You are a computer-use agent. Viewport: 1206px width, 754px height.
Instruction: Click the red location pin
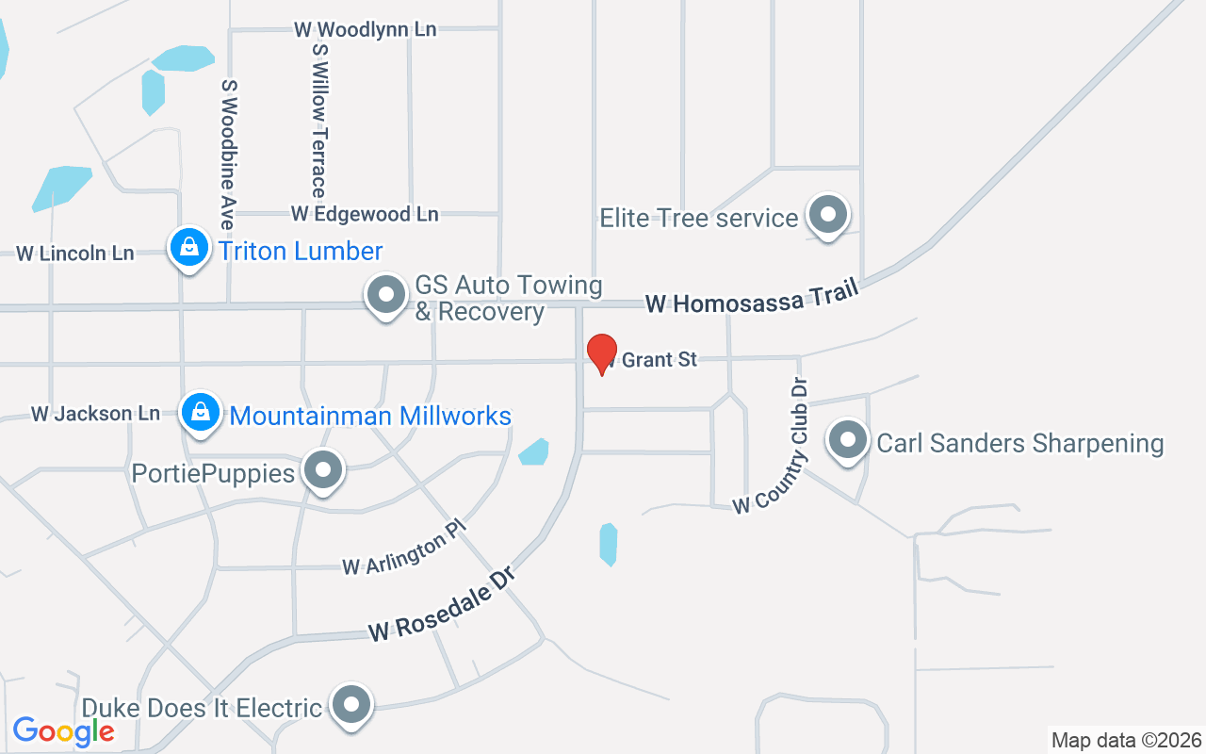(602, 353)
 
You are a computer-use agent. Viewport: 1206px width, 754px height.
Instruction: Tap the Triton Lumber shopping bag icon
(189, 248)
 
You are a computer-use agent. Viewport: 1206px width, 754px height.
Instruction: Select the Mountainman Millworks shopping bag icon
(201, 412)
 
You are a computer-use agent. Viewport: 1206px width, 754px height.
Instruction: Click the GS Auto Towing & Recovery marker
(385, 295)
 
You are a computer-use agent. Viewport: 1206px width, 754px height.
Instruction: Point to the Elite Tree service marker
(828, 215)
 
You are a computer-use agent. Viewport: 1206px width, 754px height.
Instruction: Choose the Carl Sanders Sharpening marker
(847, 440)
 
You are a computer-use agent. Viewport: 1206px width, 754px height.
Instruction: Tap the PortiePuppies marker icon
(324, 469)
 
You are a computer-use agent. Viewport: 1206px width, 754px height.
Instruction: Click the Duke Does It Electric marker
(352, 704)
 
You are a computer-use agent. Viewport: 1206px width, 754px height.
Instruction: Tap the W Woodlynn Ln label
(365, 29)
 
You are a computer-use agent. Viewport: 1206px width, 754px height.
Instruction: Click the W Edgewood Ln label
(365, 214)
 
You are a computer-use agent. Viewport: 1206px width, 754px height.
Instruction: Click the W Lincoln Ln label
(75, 254)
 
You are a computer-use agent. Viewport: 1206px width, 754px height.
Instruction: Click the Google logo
(64, 730)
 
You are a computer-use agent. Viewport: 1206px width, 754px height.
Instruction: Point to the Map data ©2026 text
(1126, 740)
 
